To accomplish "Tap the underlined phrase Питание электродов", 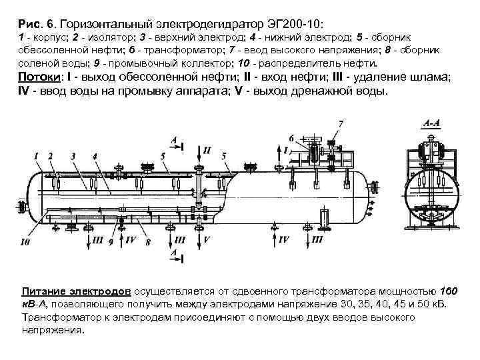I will click(x=78, y=293).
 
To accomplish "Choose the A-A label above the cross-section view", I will click(x=431, y=124).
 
